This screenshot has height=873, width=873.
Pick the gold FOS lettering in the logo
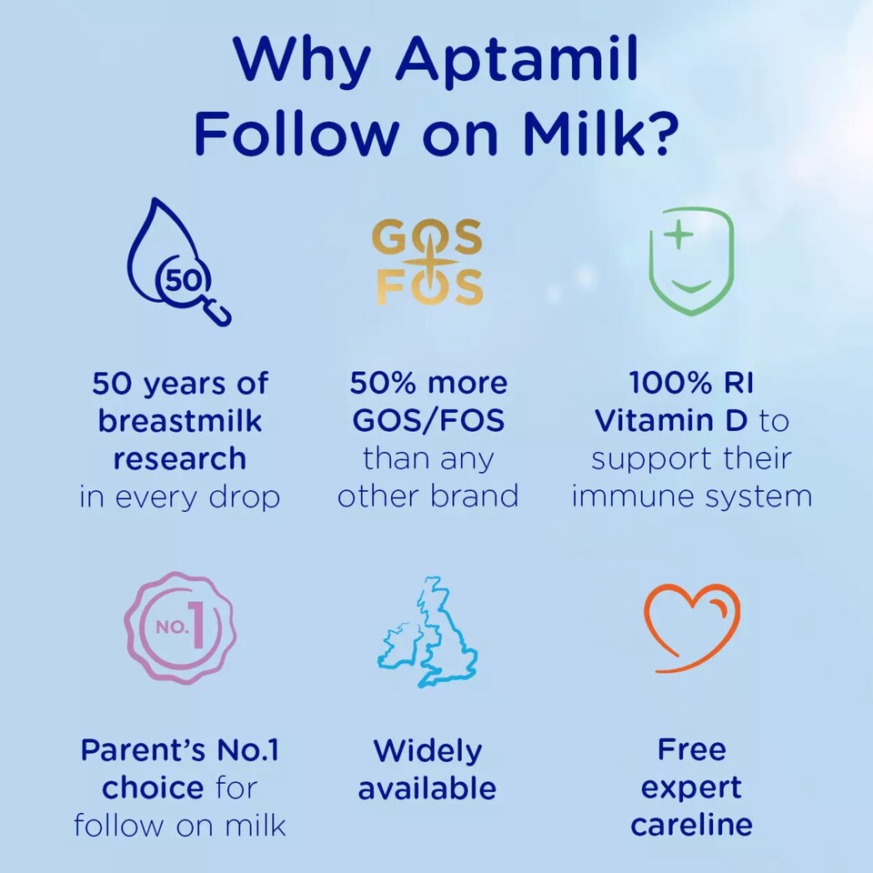point(429,288)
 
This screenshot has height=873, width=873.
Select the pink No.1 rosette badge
point(180,628)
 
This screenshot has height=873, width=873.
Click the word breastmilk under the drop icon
point(180,421)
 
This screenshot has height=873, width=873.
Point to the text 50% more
point(428,383)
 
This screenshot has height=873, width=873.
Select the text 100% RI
point(691,383)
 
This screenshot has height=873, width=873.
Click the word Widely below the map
point(427,750)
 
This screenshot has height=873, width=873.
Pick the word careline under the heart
point(691,825)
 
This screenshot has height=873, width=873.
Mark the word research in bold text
point(180,459)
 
